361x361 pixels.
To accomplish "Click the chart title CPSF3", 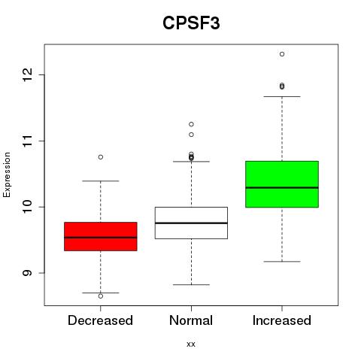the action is click(191, 23).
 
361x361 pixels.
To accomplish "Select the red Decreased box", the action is click(101, 236).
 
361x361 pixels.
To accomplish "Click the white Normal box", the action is click(191, 223).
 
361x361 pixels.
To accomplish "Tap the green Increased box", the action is click(282, 184).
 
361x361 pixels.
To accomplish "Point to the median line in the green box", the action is click(282, 187).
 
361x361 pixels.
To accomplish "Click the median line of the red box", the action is click(101, 238).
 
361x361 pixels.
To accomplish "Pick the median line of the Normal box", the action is click(191, 223).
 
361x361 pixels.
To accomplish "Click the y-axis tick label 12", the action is click(27, 74).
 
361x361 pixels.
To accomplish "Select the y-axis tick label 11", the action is click(27, 141).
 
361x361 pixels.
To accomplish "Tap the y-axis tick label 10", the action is click(27, 207).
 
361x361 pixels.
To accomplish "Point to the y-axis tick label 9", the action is click(27, 273).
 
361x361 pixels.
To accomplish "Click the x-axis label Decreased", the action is click(100, 320).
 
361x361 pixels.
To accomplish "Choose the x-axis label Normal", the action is click(191, 320).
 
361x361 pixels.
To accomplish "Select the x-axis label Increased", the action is click(282, 320).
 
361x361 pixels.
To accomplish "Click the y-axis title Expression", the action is click(7, 174).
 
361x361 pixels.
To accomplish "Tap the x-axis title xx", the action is click(191, 344).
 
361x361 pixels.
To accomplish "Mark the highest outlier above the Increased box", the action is click(282, 54).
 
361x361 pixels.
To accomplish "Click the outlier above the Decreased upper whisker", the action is click(101, 157).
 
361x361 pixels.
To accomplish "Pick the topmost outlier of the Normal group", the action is click(191, 124).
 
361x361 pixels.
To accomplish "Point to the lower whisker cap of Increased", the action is click(282, 262).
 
